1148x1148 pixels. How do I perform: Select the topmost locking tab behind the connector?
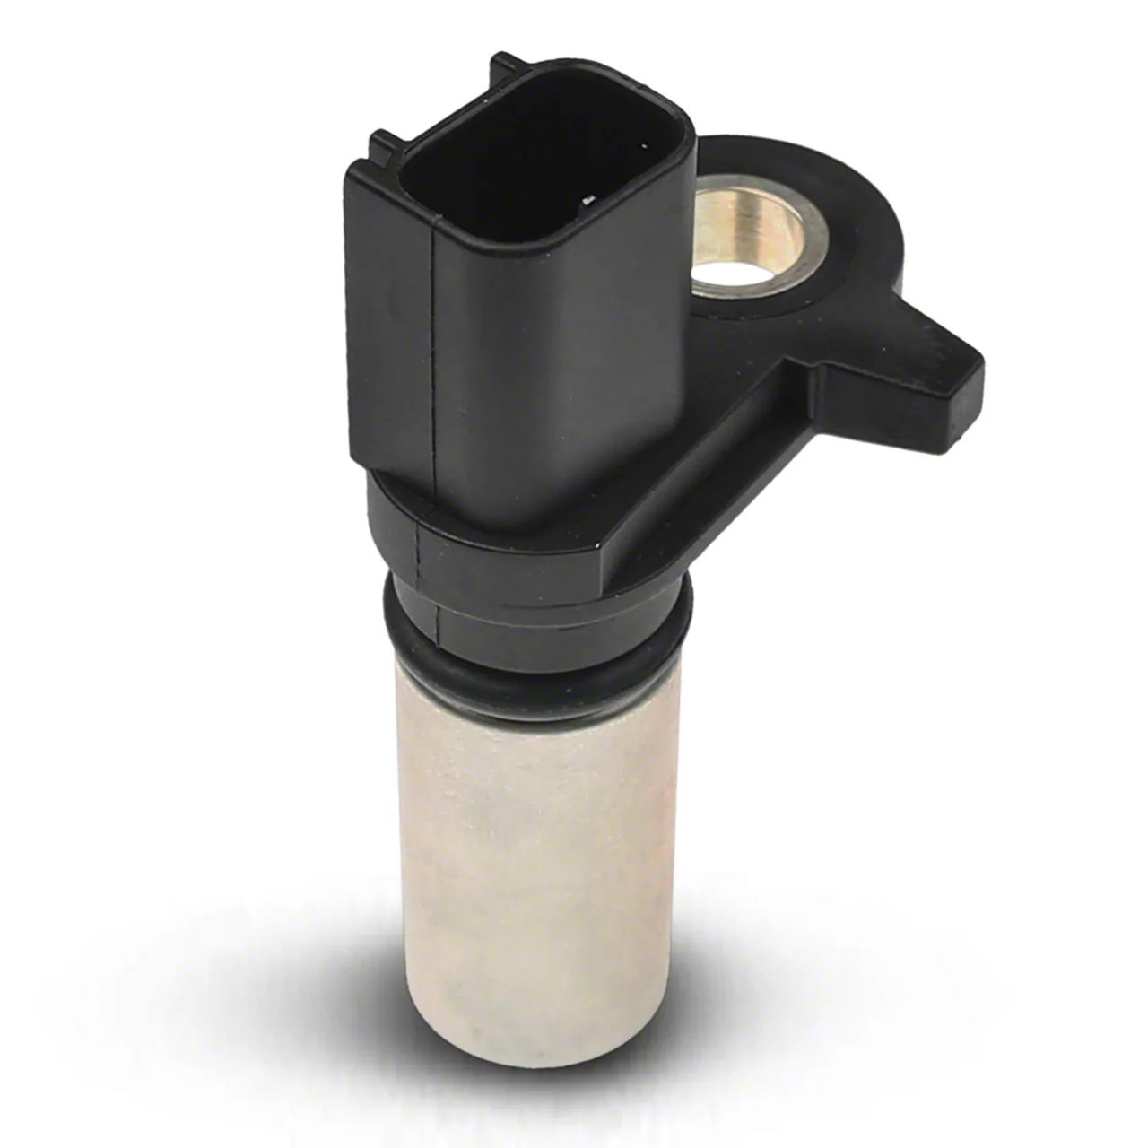(x=507, y=65)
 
